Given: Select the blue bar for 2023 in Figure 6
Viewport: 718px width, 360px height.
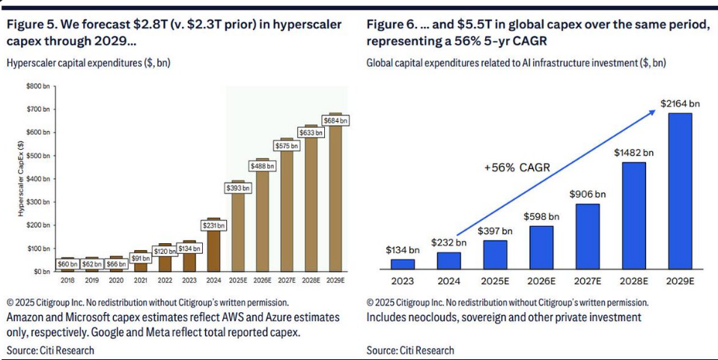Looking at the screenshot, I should point(404,263).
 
